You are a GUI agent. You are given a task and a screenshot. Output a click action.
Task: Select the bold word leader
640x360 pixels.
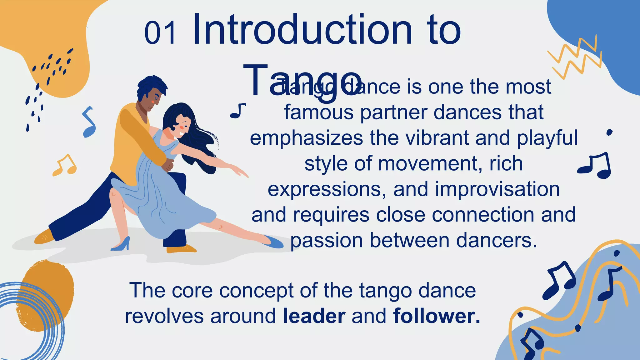coord(314,316)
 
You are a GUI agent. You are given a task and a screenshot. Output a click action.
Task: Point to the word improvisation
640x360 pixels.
coord(497,189)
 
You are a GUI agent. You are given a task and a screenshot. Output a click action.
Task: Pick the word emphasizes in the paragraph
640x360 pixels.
coord(306,138)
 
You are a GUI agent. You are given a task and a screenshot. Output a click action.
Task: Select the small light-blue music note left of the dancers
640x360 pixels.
coord(89,122)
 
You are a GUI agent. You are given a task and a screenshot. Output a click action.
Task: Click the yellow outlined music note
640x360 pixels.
coord(65,165)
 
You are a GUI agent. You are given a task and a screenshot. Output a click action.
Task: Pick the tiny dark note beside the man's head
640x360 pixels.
coord(238,111)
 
